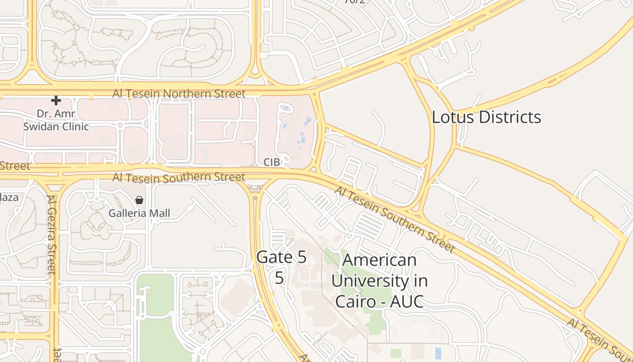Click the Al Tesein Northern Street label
(x=179, y=94)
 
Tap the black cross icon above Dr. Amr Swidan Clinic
(x=56, y=100)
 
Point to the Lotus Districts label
(x=486, y=117)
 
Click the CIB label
(x=272, y=162)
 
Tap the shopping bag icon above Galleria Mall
(x=139, y=200)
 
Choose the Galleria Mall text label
(x=139, y=213)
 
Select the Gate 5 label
(x=281, y=257)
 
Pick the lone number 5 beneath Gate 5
(x=279, y=277)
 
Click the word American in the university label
(x=379, y=260)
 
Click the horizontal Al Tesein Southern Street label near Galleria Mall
(x=179, y=177)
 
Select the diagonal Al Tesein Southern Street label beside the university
(x=394, y=219)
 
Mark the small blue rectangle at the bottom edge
(x=438, y=353)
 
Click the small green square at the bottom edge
(x=396, y=353)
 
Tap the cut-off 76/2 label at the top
(x=354, y=2)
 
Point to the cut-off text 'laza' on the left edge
(x=9, y=197)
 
